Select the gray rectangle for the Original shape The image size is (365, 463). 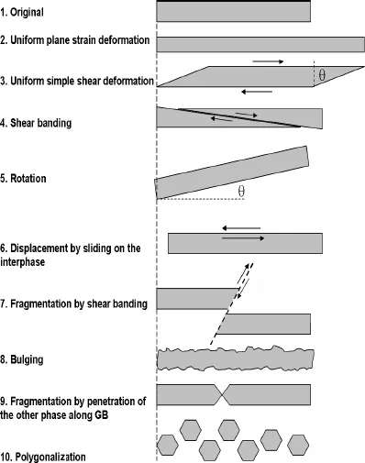(x=233, y=11)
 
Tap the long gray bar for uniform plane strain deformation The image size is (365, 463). (x=260, y=44)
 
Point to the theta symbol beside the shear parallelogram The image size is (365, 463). (x=322, y=77)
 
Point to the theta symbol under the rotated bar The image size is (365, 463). (x=241, y=192)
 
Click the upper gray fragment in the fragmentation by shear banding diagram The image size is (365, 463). (x=197, y=298)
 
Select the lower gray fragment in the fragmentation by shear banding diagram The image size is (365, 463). (x=262, y=324)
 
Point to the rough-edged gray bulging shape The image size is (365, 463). (x=235, y=358)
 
